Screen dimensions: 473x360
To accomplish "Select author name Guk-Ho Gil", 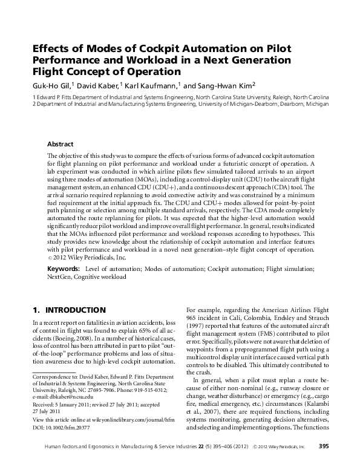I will click(51, 85).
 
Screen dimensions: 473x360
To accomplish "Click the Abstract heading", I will click(60, 145).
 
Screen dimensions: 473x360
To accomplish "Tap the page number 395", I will click(324, 463).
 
